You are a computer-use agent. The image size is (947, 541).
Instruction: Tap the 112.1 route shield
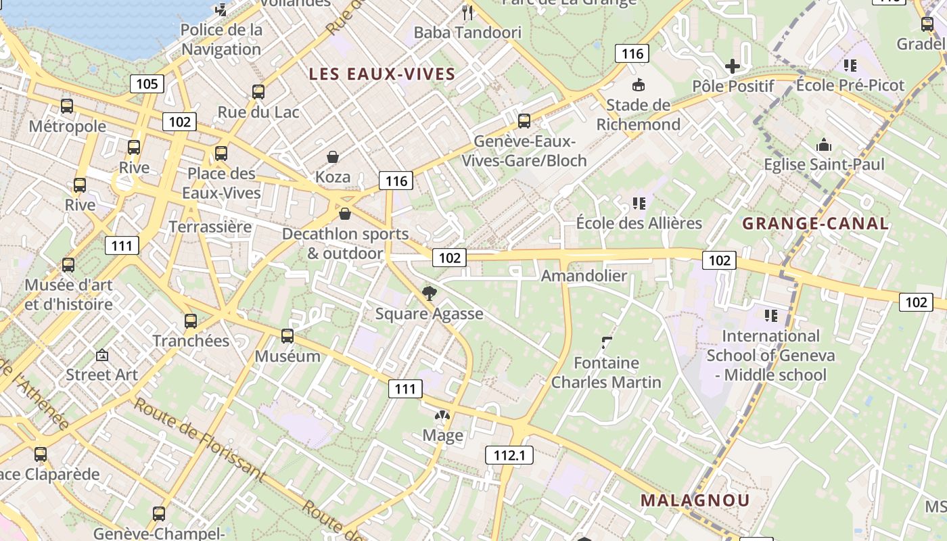[x=509, y=455]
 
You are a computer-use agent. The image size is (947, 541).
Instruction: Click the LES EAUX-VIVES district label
[x=382, y=74]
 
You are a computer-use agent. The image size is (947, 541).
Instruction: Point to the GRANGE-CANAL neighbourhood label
[x=815, y=224]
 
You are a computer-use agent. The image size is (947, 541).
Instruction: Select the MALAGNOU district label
[x=695, y=500]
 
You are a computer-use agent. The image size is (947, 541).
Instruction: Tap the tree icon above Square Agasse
[x=429, y=293]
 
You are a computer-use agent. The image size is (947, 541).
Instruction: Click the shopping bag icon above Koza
[x=333, y=158]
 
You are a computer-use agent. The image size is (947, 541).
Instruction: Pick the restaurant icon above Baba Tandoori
[x=467, y=11]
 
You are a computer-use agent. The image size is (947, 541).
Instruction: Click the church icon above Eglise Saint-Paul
[x=823, y=145]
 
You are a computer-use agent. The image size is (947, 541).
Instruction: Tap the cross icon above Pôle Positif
[x=732, y=66]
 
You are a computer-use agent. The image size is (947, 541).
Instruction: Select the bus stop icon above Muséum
[x=287, y=335]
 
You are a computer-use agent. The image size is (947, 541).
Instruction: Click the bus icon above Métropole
[x=67, y=106]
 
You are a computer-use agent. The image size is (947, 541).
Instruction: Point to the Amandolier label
[x=584, y=275]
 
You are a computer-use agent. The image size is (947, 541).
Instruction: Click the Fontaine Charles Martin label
[x=606, y=373]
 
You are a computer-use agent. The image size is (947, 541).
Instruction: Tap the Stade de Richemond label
[x=638, y=114]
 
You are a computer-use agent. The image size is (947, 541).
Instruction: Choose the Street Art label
[x=101, y=375]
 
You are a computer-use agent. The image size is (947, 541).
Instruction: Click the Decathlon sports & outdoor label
[x=345, y=243]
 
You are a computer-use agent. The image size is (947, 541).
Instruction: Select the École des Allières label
[x=639, y=223]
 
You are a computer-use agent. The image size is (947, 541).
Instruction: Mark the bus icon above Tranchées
[x=191, y=321]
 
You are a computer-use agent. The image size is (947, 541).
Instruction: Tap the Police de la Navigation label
[x=221, y=39]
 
